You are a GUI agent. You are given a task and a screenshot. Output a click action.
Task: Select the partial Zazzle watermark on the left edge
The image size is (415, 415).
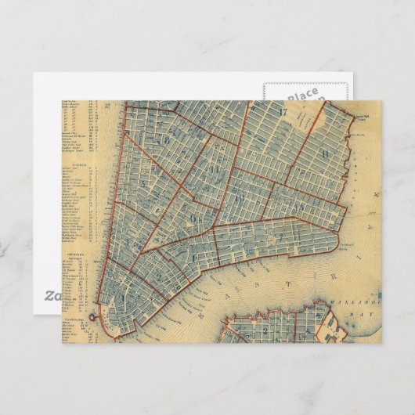pyautogui.click(x=49, y=297)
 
